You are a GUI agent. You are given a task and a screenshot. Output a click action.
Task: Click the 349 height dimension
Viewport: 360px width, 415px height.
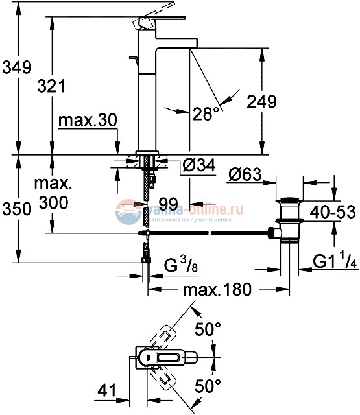click(16, 66)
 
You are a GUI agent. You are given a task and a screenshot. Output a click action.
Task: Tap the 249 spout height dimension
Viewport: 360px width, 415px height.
click(263, 101)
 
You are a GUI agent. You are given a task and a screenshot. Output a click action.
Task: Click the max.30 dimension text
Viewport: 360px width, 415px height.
click(87, 121)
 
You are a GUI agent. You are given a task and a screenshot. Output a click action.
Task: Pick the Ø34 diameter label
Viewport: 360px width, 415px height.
click(198, 165)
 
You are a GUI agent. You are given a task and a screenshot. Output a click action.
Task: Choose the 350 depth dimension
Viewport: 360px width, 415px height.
click(16, 209)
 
